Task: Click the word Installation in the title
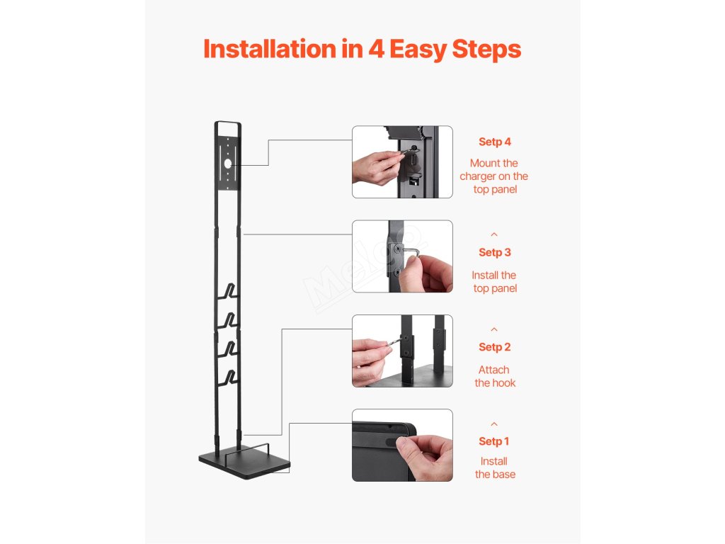[270, 49]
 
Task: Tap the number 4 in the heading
[377, 49]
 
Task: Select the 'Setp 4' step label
[495, 142]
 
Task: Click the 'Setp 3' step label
[495, 252]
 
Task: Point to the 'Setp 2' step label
[495, 347]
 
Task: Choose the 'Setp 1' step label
[493, 441]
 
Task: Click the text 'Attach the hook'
[495, 376]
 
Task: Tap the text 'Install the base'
[495, 467]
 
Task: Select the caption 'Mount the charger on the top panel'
[493, 176]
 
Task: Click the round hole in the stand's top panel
[227, 164]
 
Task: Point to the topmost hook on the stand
[229, 291]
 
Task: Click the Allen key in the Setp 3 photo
[411, 251]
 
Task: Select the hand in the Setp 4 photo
[377, 167]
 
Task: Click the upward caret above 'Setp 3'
[494, 234]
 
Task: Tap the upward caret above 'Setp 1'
[494, 424]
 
